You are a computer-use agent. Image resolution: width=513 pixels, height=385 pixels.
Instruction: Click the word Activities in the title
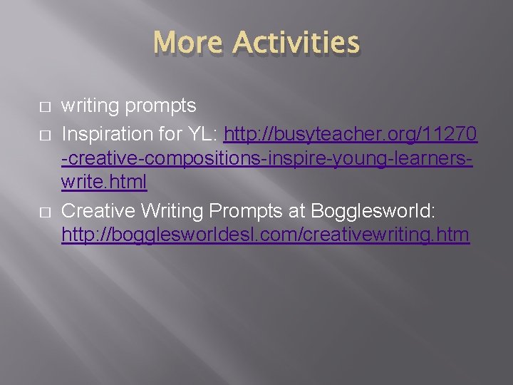(x=296, y=43)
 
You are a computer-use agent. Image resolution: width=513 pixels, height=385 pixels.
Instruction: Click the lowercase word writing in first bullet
(x=90, y=106)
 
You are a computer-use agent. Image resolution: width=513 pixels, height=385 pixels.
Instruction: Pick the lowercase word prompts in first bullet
(x=160, y=107)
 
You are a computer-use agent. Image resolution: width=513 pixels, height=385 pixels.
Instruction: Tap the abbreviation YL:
(x=207, y=133)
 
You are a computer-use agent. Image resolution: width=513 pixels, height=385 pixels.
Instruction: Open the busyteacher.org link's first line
(x=351, y=133)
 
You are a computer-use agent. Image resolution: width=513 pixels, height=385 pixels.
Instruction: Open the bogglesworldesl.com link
(x=266, y=234)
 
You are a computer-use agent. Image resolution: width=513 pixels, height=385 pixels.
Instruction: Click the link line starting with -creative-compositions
(x=267, y=158)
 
